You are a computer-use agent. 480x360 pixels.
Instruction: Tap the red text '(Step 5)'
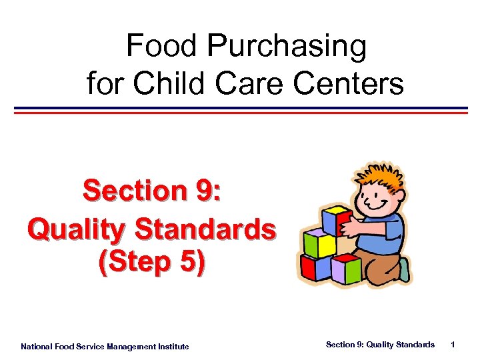click(152, 263)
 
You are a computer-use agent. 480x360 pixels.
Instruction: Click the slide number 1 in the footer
click(453, 345)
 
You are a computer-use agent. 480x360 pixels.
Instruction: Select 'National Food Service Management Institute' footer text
click(105, 346)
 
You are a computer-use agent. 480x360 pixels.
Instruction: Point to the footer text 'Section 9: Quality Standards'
click(380, 345)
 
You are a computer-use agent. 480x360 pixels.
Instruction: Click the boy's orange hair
click(377, 175)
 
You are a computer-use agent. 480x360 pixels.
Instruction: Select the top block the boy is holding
click(335, 220)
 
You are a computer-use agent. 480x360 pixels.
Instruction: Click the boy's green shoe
click(404, 269)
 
